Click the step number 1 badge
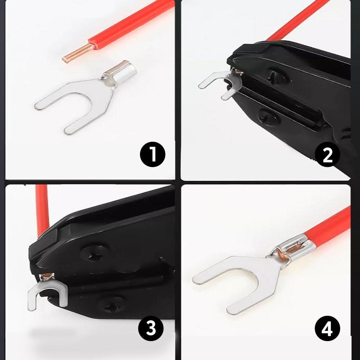153,154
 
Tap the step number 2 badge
327,154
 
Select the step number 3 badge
151,328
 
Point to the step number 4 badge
327,328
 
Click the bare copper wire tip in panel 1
78,54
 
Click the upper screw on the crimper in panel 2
277,76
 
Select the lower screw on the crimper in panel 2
269,117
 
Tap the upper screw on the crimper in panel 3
94,255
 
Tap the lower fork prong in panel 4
250,303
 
